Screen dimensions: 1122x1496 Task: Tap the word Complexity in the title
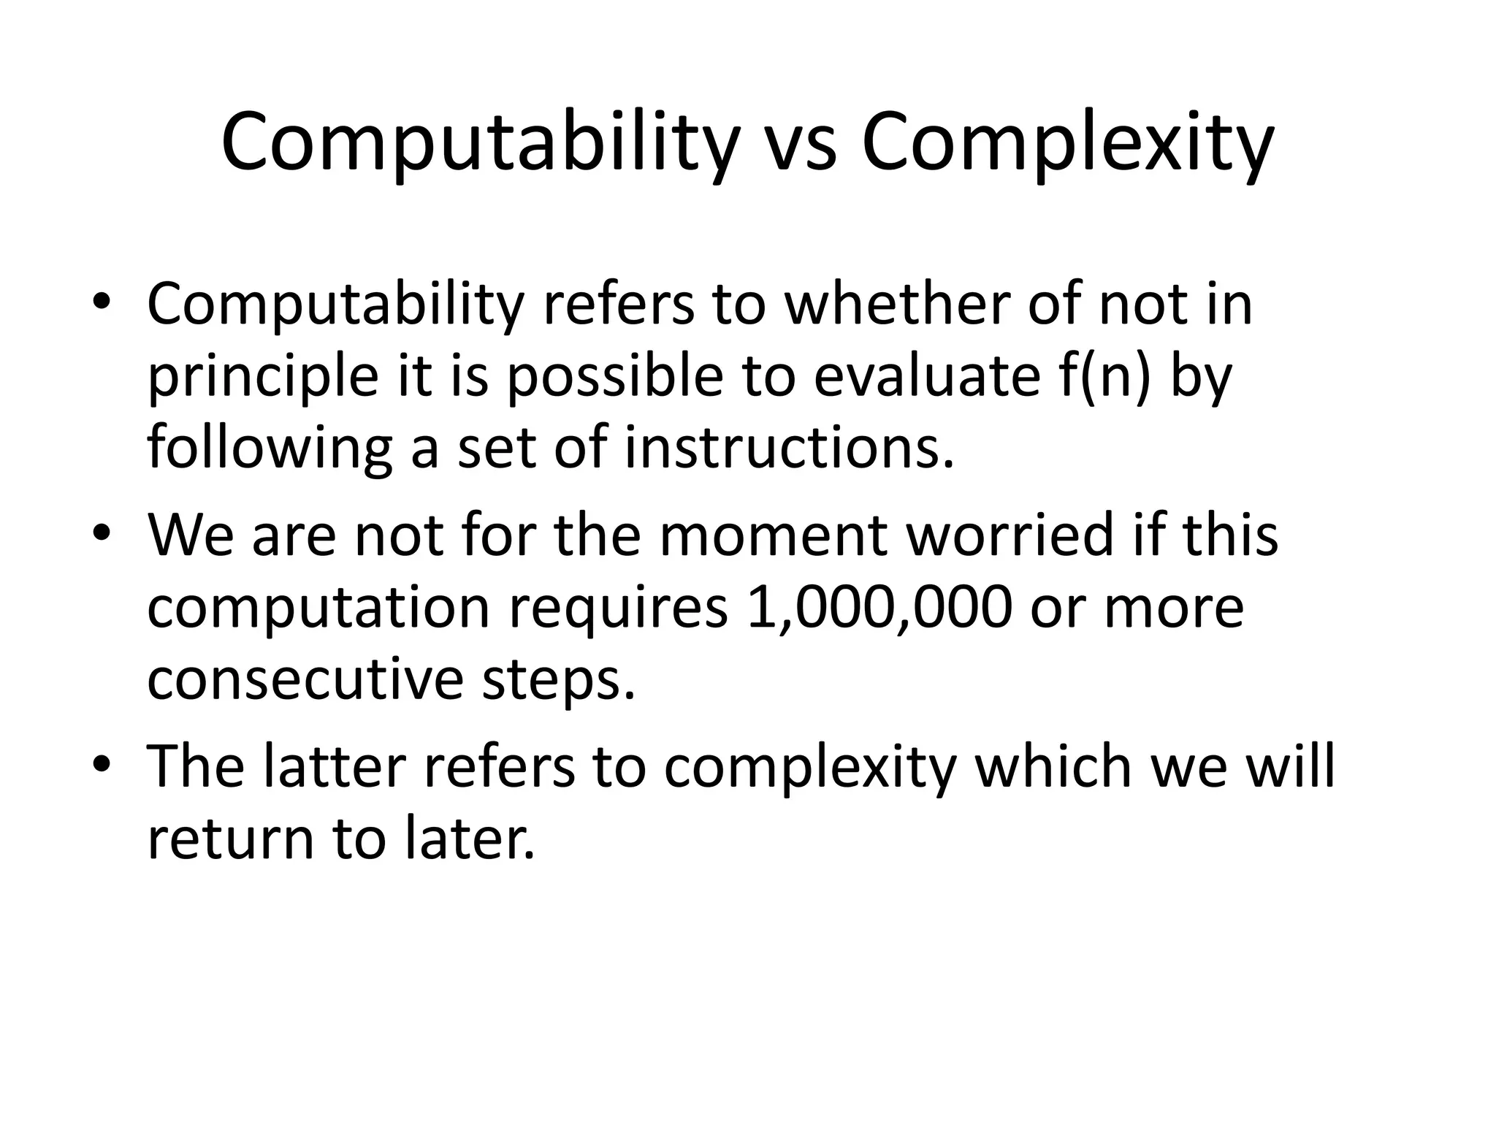click(1067, 142)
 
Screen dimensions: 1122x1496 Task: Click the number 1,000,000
click(879, 607)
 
